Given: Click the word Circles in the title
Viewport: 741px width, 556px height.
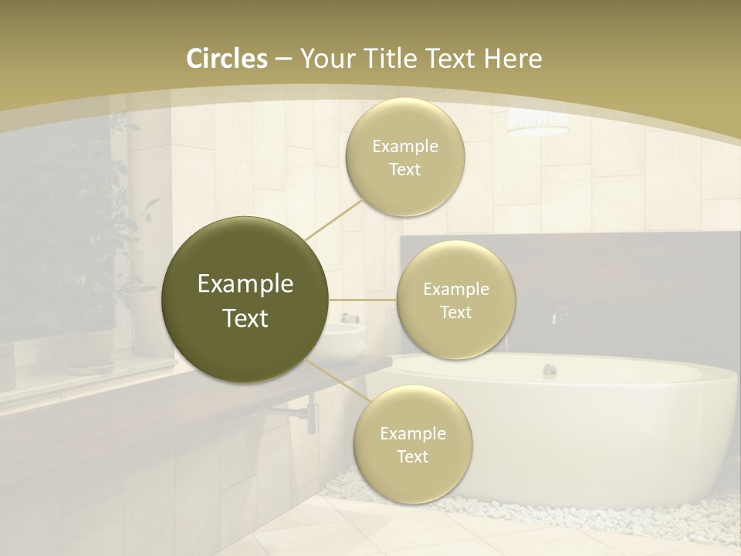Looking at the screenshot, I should tap(226, 59).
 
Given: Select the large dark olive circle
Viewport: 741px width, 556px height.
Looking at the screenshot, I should tap(245, 300).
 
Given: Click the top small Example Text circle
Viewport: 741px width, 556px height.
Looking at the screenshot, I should tap(404, 157).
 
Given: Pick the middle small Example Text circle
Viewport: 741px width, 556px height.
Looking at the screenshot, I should tap(455, 300).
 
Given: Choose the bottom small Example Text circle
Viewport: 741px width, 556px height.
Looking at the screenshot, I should tap(412, 444).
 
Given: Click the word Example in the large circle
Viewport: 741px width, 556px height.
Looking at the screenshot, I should tap(245, 284).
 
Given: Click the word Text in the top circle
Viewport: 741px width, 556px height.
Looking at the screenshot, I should tap(404, 170).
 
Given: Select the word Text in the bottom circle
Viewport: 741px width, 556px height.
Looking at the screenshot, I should tap(412, 457).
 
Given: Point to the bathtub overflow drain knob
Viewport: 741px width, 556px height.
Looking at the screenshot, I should tap(549, 370).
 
